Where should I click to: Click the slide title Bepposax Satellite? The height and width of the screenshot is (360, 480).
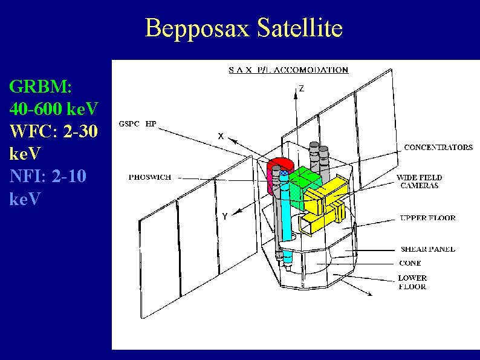click(x=244, y=28)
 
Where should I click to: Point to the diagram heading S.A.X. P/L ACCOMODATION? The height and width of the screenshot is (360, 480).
click(x=288, y=70)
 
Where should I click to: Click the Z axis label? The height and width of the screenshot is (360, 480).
click(x=301, y=88)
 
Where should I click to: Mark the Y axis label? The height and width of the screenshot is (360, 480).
click(x=225, y=216)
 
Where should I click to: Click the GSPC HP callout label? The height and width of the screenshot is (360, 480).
click(x=137, y=124)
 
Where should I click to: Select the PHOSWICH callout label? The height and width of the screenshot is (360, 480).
click(x=150, y=177)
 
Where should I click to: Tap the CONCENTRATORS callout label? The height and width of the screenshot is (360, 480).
click(x=438, y=147)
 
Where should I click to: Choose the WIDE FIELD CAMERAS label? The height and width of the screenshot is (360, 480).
click(x=419, y=182)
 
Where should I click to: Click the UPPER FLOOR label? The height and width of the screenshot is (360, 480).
click(x=427, y=218)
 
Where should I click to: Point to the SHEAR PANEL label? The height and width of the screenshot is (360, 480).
click(x=427, y=249)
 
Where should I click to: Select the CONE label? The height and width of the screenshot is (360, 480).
click(x=410, y=264)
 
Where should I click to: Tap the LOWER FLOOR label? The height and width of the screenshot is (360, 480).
click(x=412, y=283)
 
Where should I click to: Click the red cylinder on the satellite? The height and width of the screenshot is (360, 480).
click(x=279, y=165)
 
